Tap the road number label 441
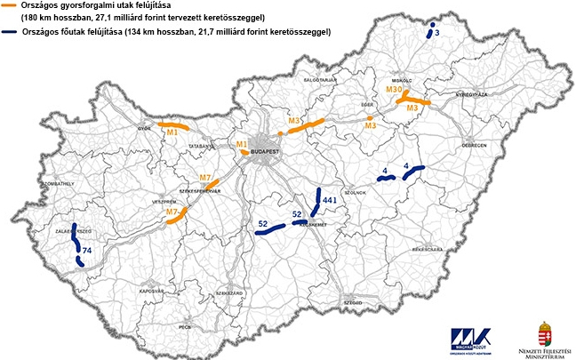328,203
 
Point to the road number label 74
86,252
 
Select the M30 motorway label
396,90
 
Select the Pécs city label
210,327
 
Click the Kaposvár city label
150,290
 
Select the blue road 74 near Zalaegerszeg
76,240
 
